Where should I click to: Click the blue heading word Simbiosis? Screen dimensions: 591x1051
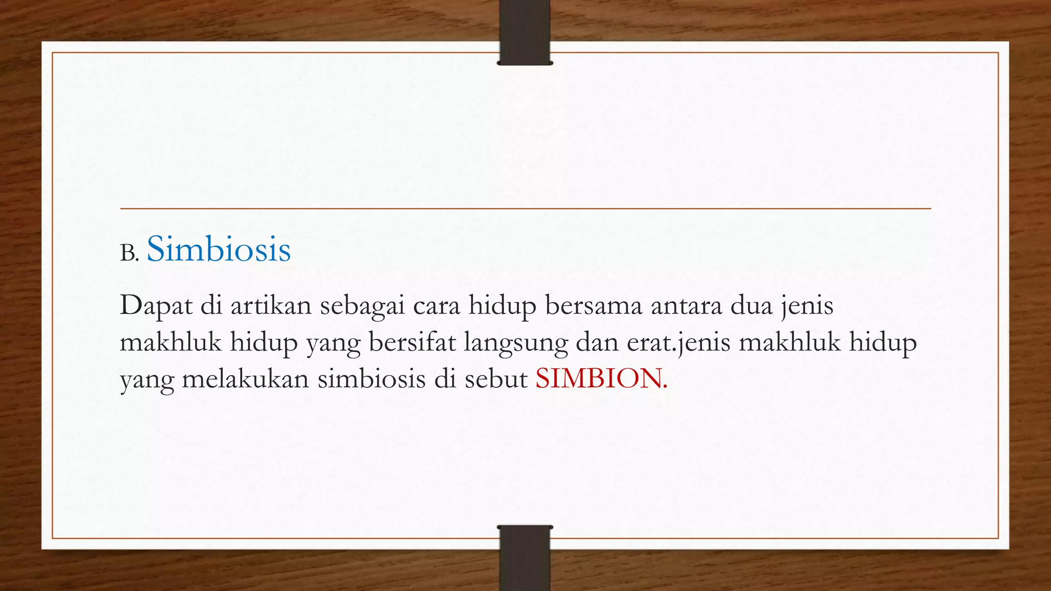(x=219, y=249)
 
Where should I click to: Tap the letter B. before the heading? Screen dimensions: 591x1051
(x=129, y=253)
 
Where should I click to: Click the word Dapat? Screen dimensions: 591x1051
(x=155, y=306)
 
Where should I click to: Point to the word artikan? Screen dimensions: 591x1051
(x=270, y=305)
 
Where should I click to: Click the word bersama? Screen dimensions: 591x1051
(x=593, y=305)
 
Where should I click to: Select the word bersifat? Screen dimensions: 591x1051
(x=412, y=342)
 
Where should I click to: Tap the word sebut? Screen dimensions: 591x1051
(x=496, y=379)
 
